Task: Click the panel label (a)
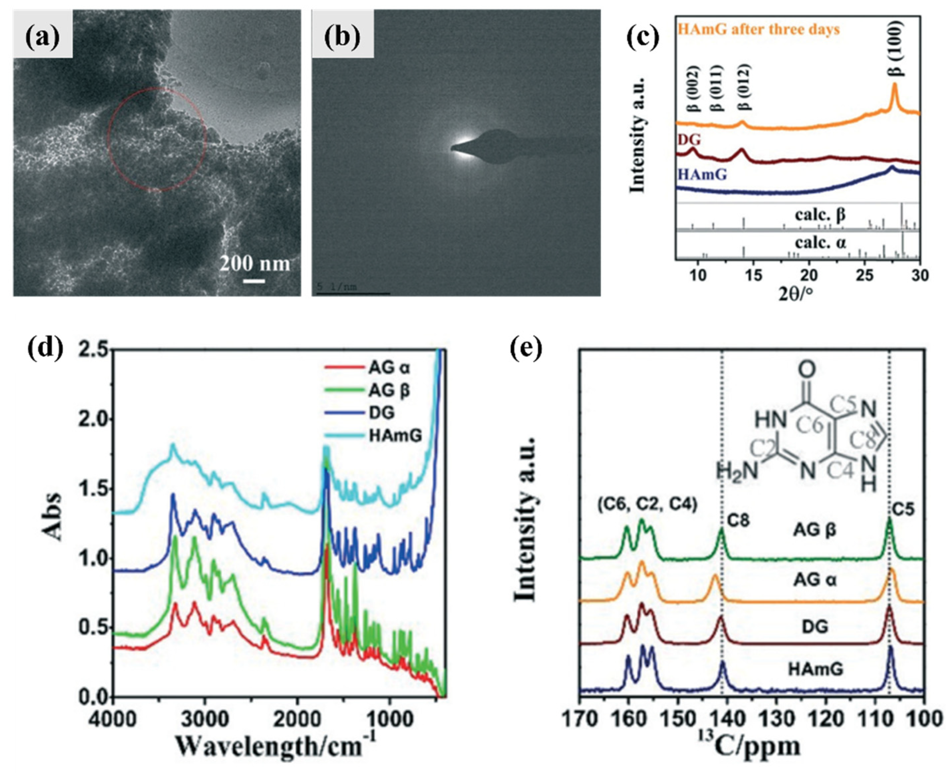(x=42, y=37)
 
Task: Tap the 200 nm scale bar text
(x=254, y=263)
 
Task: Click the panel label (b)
(x=342, y=37)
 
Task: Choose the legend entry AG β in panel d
(x=389, y=391)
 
